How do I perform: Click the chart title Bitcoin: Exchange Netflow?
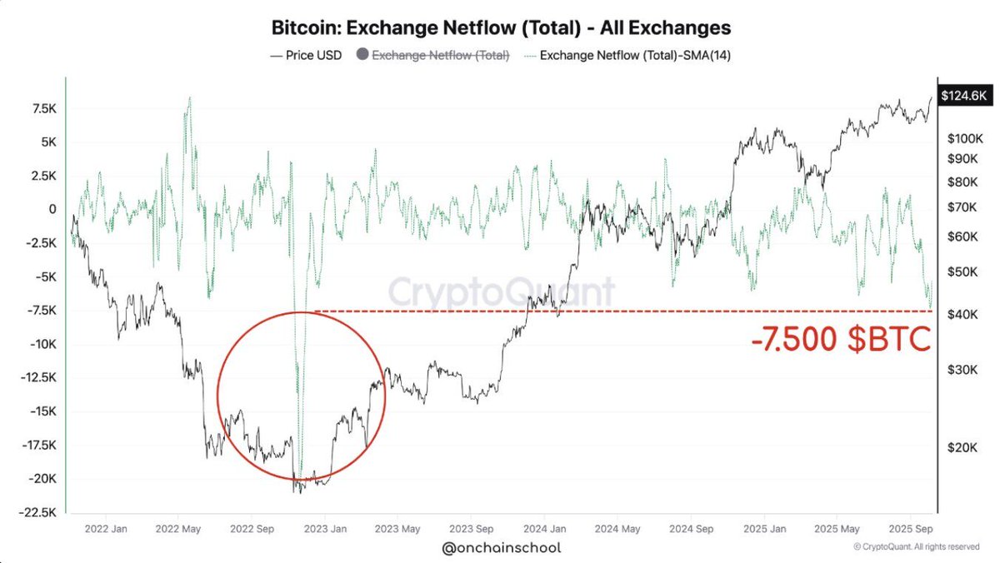click(x=501, y=27)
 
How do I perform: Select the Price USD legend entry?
click(x=305, y=56)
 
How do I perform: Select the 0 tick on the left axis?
click(x=52, y=209)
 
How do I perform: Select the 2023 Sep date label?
click(x=472, y=528)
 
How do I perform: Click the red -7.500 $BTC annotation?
click(x=840, y=341)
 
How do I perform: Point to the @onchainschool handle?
click(x=500, y=548)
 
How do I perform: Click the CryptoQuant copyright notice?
click(x=916, y=547)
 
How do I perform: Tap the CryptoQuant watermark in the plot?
click(x=501, y=292)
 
